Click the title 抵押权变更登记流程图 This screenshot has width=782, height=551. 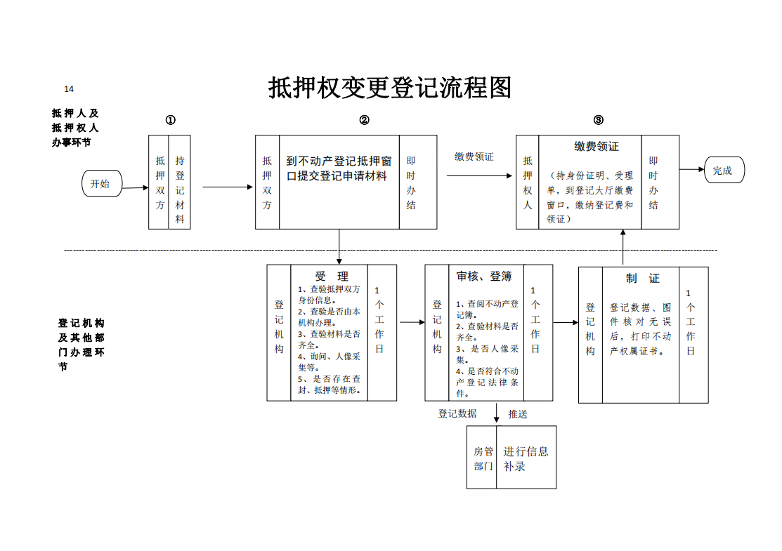[x=390, y=88]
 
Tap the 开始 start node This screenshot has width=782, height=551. [x=102, y=183]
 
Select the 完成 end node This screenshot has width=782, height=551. [x=724, y=170]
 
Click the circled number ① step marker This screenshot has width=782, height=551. [x=171, y=120]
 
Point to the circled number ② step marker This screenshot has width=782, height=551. [x=364, y=120]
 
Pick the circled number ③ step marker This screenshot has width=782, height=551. [x=599, y=119]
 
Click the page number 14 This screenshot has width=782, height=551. [x=69, y=88]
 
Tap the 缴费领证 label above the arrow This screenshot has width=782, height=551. [x=474, y=157]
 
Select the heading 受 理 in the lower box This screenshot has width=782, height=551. [x=332, y=277]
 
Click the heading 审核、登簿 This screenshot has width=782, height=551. [x=484, y=277]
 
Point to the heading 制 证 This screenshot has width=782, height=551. [x=643, y=279]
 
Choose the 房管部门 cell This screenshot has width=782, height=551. [x=483, y=458]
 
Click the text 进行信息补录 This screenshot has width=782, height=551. [x=526, y=459]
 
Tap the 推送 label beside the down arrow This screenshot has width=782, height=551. [x=518, y=414]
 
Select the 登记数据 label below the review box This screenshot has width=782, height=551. [x=457, y=413]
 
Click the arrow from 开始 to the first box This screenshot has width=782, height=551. [x=135, y=188]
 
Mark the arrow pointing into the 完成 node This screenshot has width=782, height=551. [x=692, y=169]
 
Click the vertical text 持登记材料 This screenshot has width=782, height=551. [x=180, y=190]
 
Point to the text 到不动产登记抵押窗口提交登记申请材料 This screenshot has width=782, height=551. [x=339, y=168]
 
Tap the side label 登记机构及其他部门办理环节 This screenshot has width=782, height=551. [x=82, y=345]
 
